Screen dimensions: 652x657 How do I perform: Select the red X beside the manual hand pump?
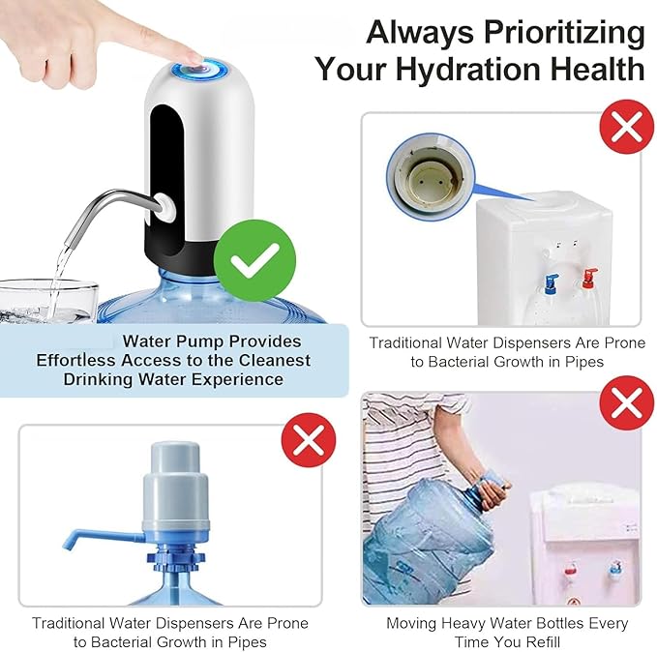(x=308, y=441)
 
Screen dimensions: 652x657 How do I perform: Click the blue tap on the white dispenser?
(x=551, y=283)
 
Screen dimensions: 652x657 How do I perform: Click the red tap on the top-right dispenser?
(x=586, y=280)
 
